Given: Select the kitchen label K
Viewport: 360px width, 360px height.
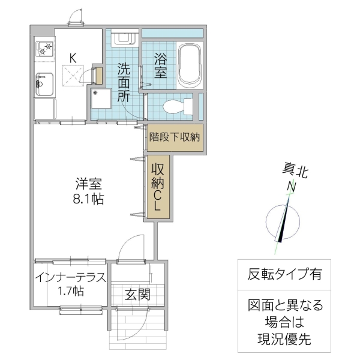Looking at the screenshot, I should point(73,58).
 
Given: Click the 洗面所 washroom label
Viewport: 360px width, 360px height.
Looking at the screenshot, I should point(124,82).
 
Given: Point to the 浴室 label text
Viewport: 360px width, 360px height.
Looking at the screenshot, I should point(160,65).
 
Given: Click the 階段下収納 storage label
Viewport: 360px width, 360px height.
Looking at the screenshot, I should point(175,136).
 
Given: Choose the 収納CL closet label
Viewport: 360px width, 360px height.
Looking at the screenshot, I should point(157,186).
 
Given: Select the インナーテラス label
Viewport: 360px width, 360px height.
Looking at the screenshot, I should point(71,277).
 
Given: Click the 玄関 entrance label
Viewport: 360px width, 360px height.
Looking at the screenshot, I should point(137,295).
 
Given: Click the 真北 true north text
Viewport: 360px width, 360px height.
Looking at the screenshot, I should point(295,172).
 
